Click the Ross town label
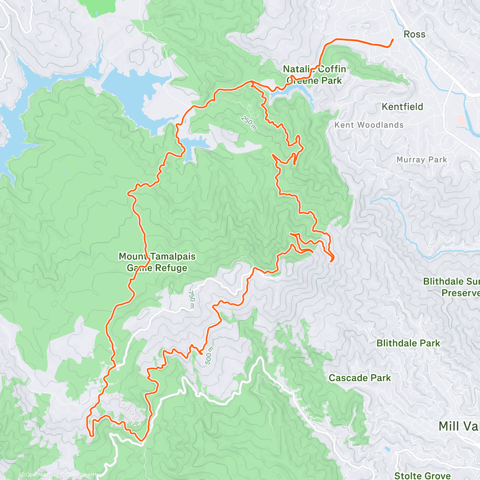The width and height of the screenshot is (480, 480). (414, 34)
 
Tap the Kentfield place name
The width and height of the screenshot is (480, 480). (402, 107)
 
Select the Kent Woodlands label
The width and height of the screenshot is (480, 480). (369, 125)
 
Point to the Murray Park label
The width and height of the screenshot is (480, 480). (422, 160)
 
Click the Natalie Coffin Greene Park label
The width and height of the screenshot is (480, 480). (314, 75)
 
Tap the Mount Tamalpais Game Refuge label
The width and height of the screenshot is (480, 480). (157, 262)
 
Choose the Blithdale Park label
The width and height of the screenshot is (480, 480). (408, 343)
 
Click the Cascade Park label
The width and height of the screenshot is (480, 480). (360, 378)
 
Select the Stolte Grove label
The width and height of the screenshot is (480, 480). (422, 475)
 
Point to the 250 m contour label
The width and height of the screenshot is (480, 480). (248, 122)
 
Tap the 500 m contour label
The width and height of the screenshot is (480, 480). (209, 356)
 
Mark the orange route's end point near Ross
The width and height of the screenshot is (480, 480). (392, 40)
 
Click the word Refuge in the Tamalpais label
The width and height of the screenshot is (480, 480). (171, 268)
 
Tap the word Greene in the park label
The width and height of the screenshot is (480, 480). (302, 80)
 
